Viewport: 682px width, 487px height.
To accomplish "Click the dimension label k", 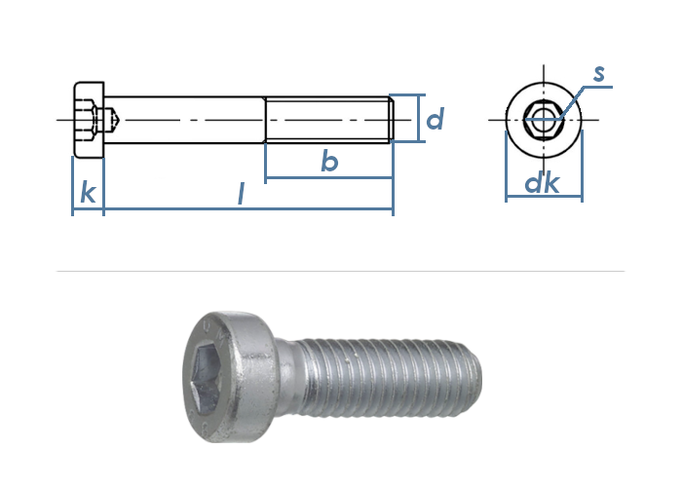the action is coord(89,193).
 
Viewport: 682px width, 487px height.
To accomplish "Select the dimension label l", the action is coord(242,194).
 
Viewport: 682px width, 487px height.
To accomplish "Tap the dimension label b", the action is coord(329,160).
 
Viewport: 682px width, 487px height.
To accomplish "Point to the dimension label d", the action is coord(435,119).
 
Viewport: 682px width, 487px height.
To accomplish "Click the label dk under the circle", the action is coord(542,183).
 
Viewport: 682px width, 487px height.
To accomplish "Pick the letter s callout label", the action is coord(599,73).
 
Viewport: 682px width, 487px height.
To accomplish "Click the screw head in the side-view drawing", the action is coord(90,120).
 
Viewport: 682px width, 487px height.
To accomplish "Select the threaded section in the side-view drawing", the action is coord(329,120).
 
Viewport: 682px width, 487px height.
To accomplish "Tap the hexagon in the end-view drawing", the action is coord(544,120).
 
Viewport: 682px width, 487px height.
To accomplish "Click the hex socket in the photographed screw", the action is coord(207,376).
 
